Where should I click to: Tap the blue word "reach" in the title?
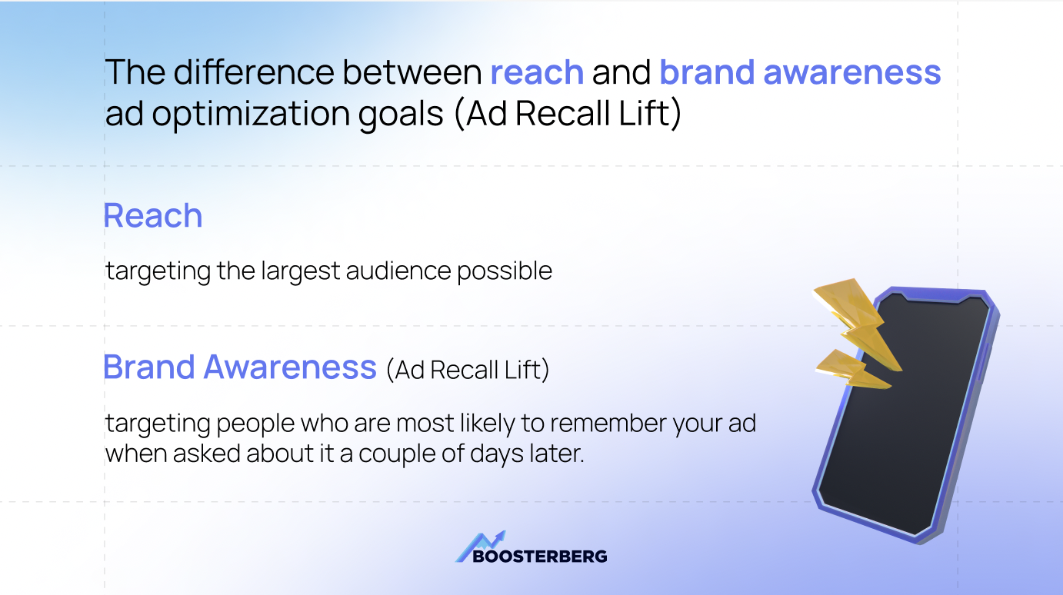pyautogui.click(x=537, y=72)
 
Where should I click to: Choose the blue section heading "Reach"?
pyautogui.click(x=153, y=216)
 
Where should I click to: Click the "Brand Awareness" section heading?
pyautogui.click(x=239, y=367)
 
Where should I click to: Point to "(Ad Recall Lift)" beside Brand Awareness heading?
pyautogui.click(x=468, y=370)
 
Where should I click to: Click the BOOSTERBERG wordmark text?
pyautogui.click(x=540, y=556)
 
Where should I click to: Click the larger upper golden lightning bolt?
pyautogui.click(x=854, y=315)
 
